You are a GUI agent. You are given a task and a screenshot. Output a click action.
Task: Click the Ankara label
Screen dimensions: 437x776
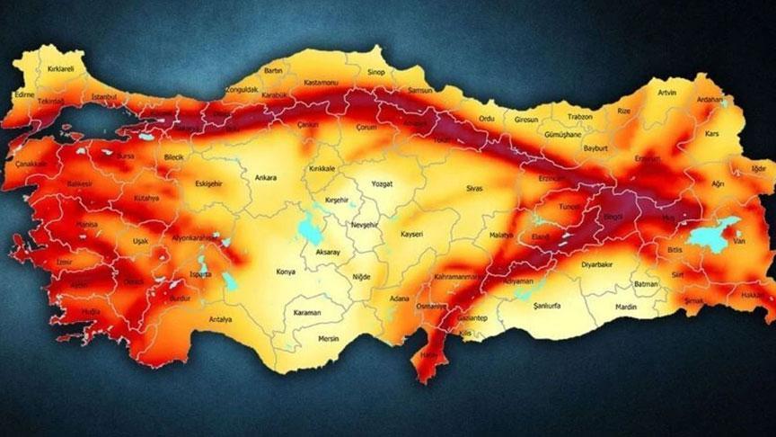[266, 178]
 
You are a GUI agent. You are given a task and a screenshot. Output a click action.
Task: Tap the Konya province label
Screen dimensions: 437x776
[286, 271]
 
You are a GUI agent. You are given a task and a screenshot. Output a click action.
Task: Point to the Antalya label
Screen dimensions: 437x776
[220, 319]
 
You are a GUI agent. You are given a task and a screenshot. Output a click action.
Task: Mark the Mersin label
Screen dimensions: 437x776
[330, 339]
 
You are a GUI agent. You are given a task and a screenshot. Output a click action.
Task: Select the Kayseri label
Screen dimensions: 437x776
[410, 235]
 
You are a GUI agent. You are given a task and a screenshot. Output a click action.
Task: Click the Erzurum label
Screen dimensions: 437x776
[648, 159]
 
